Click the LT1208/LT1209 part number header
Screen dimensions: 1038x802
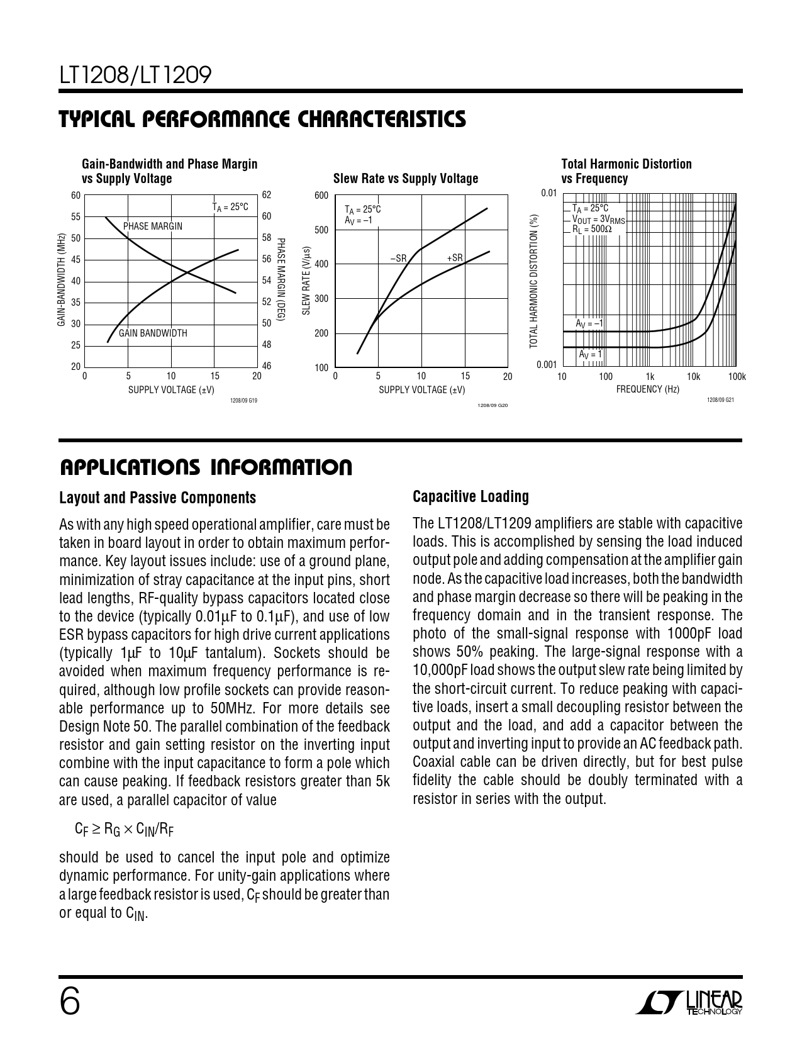coord(135,76)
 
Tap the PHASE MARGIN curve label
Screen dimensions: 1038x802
coord(153,226)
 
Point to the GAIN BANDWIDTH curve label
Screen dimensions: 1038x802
coord(153,333)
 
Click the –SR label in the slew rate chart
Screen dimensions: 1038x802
coord(398,258)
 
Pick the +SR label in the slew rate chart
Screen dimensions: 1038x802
coord(455,258)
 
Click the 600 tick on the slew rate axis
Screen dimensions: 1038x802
coord(321,196)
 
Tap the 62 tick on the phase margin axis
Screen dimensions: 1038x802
coord(266,195)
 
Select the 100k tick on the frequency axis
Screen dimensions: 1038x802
coord(737,377)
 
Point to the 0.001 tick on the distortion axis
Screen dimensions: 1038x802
coord(547,365)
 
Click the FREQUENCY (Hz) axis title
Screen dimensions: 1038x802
coord(647,389)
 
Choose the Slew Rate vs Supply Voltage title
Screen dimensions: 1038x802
coord(405,179)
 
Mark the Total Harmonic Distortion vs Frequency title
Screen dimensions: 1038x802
coord(626,171)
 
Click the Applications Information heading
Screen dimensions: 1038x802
coord(206,467)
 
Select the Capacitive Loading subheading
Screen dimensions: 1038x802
coord(471,497)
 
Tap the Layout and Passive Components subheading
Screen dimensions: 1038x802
coord(157,498)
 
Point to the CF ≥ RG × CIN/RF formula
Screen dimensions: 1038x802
coord(124,830)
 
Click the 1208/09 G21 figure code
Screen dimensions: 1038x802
coord(720,400)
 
